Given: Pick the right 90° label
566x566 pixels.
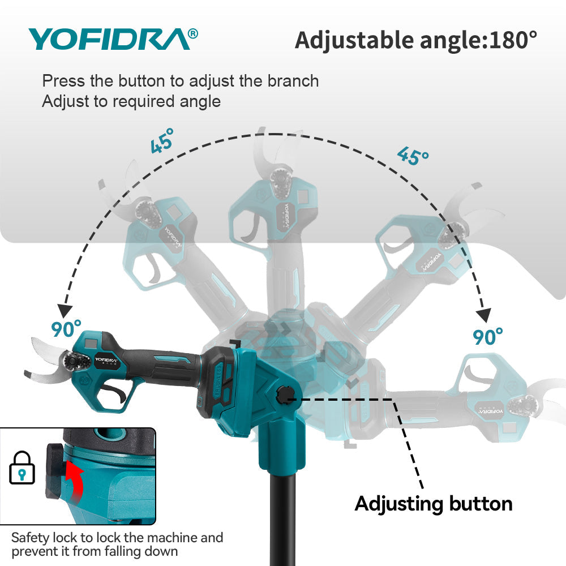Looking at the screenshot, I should click(x=488, y=336).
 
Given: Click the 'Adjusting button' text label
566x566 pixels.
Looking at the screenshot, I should click(x=434, y=504).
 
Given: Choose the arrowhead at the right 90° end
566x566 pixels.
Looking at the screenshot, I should click(x=484, y=315).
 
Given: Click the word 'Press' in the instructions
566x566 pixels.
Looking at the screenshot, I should click(x=64, y=81).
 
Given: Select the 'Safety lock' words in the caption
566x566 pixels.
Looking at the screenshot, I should click(x=44, y=537).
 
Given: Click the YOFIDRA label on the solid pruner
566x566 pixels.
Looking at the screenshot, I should click(x=105, y=359).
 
